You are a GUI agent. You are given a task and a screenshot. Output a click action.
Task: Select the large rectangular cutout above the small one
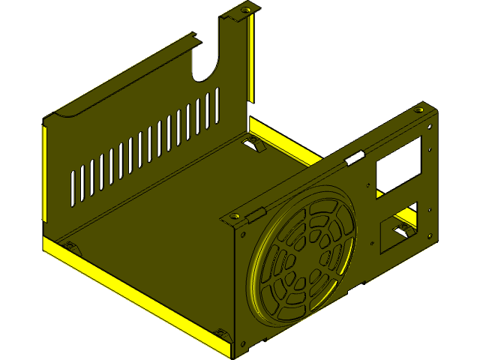(x=395, y=166)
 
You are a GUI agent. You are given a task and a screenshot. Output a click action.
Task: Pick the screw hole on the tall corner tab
(x=244, y=10)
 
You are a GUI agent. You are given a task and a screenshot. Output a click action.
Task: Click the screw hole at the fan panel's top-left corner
(x=235, y=216)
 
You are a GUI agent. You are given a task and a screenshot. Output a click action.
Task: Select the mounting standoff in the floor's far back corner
(x=252, y=142)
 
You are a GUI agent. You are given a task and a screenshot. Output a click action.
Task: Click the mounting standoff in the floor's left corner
(x=71, y=245)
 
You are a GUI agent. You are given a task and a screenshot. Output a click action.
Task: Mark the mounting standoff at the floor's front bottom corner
(x=223, y=332)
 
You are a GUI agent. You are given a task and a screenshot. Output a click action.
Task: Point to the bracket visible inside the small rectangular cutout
(x=403, y=229)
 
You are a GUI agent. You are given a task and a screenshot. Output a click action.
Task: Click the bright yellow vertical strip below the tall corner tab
(x=252, y=60)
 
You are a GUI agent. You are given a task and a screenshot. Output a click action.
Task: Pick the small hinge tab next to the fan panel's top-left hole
(x=256, y=214)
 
